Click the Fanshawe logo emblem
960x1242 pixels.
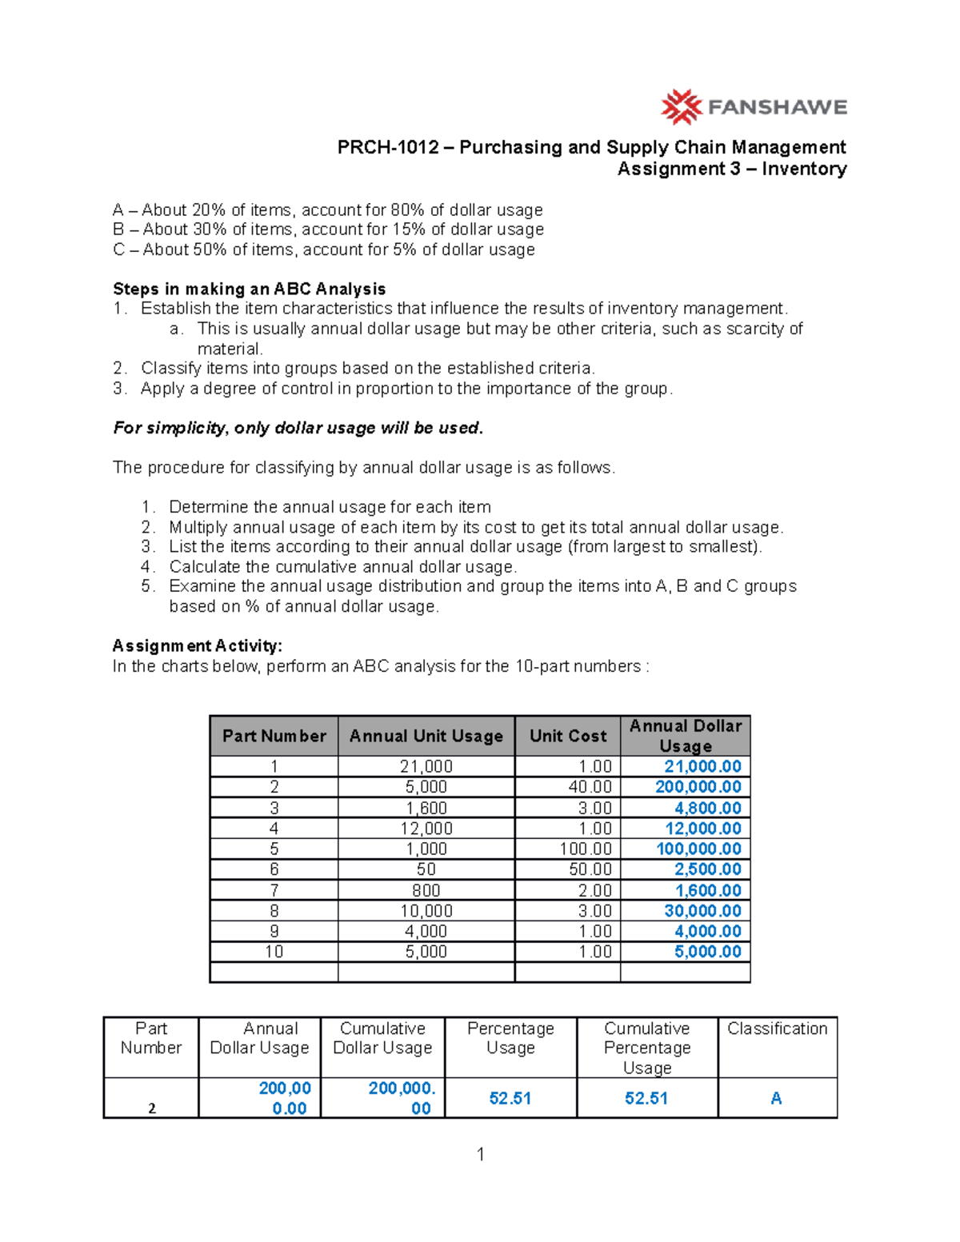click(681, 107)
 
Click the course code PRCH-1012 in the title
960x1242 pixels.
click(388, 147)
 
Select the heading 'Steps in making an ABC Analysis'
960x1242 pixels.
click(249, 289)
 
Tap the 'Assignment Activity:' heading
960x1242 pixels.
click(197, 645)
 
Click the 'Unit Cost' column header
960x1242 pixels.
click(567, 736)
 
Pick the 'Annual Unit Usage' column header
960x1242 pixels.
click(426, 736)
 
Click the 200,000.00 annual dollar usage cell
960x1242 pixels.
click(698, 787)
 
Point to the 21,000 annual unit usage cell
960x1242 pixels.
click(426, 766)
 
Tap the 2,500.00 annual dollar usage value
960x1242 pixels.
click(707, 869)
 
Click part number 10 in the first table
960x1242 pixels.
click(274, 952)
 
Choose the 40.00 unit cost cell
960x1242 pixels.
click(590, 787)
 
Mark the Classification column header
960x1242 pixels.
click(777, 1028)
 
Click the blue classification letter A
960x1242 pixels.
click(776, 1099)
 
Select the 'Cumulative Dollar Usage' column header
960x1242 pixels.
click(382, 1038)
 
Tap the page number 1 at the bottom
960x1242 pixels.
click(480, 1154)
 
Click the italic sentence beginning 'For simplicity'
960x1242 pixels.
click(298, 428)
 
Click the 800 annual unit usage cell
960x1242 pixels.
click(426, 890)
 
